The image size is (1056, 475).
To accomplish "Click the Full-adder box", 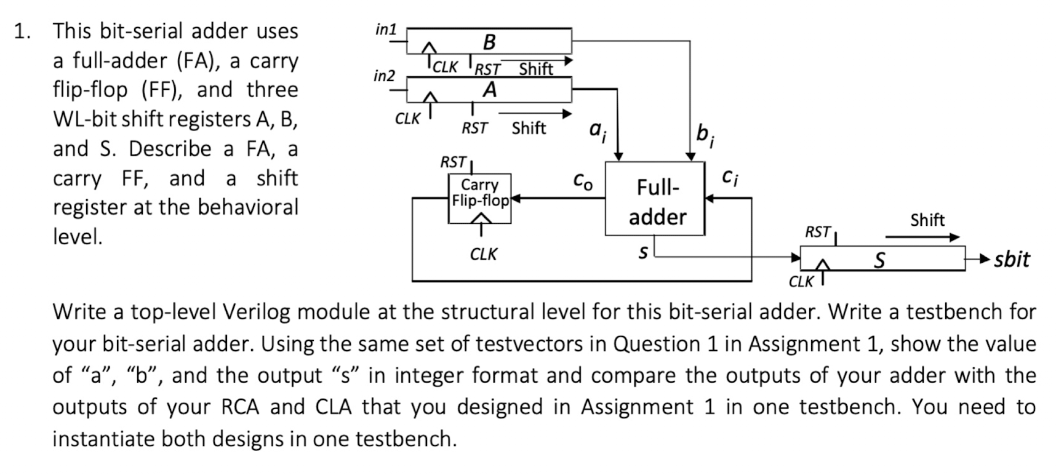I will [x=655, y=199].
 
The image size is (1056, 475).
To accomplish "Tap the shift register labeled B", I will [x=489, y=41].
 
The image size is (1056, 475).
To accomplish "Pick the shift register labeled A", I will [x=489, y=90].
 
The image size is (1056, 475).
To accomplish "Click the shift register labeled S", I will [x=882, y=259].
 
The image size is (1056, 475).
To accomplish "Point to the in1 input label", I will [x=386, y=29].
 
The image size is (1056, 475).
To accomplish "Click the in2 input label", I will [x=385, y=76].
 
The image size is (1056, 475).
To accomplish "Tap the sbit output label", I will [x=1011, y=259].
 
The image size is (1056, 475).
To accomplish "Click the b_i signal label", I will [x=705, y=134].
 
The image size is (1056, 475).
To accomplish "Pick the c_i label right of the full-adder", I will [x=729, y=178].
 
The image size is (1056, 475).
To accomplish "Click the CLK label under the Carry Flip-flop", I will [x=483, y=254].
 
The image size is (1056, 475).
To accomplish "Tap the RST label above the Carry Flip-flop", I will [x=453, y=162].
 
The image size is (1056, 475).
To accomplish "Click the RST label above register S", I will [x=818, y=232].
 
